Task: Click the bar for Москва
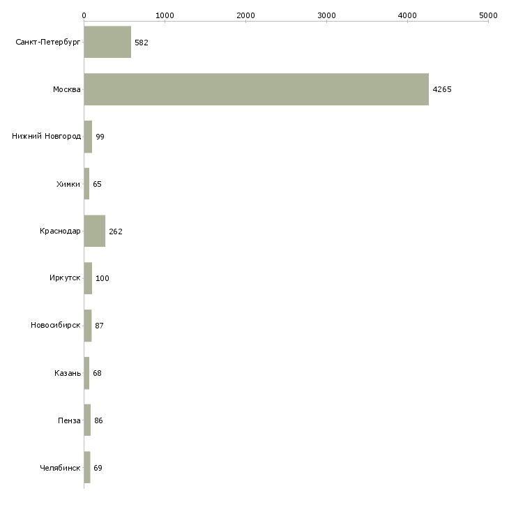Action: pyautogui.click(x=256, y=89)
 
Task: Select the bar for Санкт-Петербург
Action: pyautogui.click(x=107, y=42)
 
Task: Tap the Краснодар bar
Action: pyautogui.click(x=94, y=231)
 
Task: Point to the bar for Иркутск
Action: pyautogui.click(x=88, y=278)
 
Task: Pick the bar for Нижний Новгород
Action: pyautogui.click(x=88, y=137)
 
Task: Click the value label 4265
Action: pyautogui.click(x=442, y=89)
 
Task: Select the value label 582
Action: pyautogui.click(x=142, y=43)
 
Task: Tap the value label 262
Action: pyautogui.click(x=116, y=231)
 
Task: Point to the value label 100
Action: pyautogui.click(x=102, y=279)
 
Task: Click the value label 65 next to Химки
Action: pyautogui.click(x=98, y=184)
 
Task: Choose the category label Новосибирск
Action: pyautogui.click(x=56, y=326)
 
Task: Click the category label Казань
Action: pyautogui.click(x=68, y=373)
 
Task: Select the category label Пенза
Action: pyautogui.click(x=70, y=420)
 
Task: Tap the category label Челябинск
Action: pyautogui.click(x=60, y=468)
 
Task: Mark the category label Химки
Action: pyautogui.click(x=68, y=184)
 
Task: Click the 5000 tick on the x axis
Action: pyautogui.click(x=488, y=15)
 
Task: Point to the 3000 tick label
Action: pyautogui.click(x=326, y=15)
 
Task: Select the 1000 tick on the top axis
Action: pyautogui.click(x=165, y=15)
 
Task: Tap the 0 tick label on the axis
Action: pyautogui.click(x=84, y=15)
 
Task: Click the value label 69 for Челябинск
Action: pyautogui.click(x=98, y=468)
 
